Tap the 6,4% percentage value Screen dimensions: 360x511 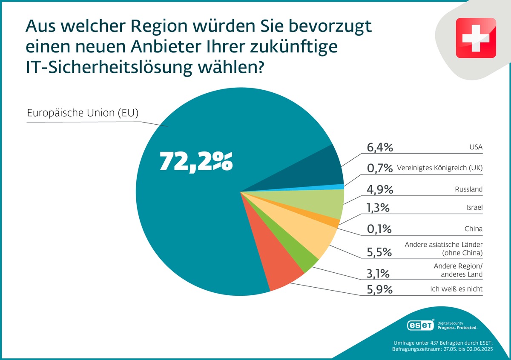(x=379, y=148)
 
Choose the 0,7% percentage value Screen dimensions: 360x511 (x=379, y=168)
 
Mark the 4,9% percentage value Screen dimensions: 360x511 (x=379, y=189)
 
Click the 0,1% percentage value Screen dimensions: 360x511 (x=379, y=229)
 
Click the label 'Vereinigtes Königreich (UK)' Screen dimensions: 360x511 (x=439, y=169)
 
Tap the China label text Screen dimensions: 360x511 (x=474, y=229)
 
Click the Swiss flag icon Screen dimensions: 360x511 (x=476, y=38)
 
